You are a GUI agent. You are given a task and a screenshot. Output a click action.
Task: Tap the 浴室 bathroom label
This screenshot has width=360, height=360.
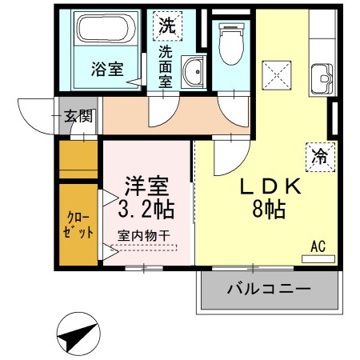tap(106, 68)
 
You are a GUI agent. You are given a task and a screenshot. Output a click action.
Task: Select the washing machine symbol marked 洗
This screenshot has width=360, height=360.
tap(166, 25)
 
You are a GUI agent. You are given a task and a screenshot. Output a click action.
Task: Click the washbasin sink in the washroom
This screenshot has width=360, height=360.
tap(191, 74)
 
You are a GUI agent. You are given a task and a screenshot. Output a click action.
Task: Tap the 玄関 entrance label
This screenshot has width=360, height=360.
tap(78, 116)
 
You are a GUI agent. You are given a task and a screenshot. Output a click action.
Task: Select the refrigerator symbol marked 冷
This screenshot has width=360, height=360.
tap(318, 155)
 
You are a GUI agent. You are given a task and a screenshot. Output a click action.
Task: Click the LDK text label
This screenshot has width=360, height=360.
tap(271, 186)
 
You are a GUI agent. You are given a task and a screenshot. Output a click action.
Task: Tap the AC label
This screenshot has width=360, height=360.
tap(318, 248)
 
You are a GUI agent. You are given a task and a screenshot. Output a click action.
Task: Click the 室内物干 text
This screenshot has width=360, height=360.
tap(143, 236)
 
